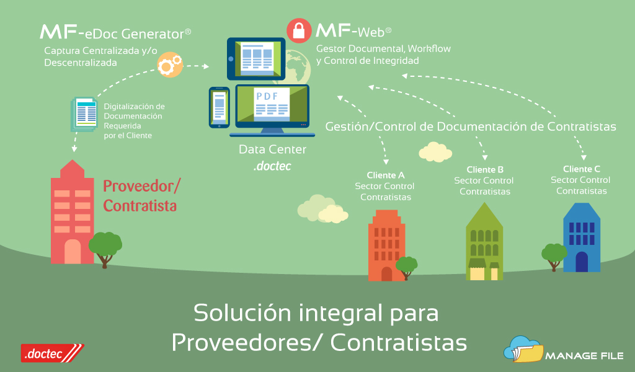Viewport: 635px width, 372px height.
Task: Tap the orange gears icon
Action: [169, 64]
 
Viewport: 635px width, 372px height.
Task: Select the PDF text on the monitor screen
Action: [267, 96]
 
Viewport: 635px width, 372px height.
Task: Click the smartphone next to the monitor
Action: [219, 107]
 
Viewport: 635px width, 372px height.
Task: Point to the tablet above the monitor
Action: [256, 58]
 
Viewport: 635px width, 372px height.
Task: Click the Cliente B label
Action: [485, 169]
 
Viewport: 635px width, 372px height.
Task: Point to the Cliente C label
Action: [582, 169]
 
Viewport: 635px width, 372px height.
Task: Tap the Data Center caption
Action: [272, 149]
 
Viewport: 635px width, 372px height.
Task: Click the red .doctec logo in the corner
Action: [51, 353]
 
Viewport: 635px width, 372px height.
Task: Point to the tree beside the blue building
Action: [553, 255]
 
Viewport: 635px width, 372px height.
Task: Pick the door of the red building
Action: [73, 252]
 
